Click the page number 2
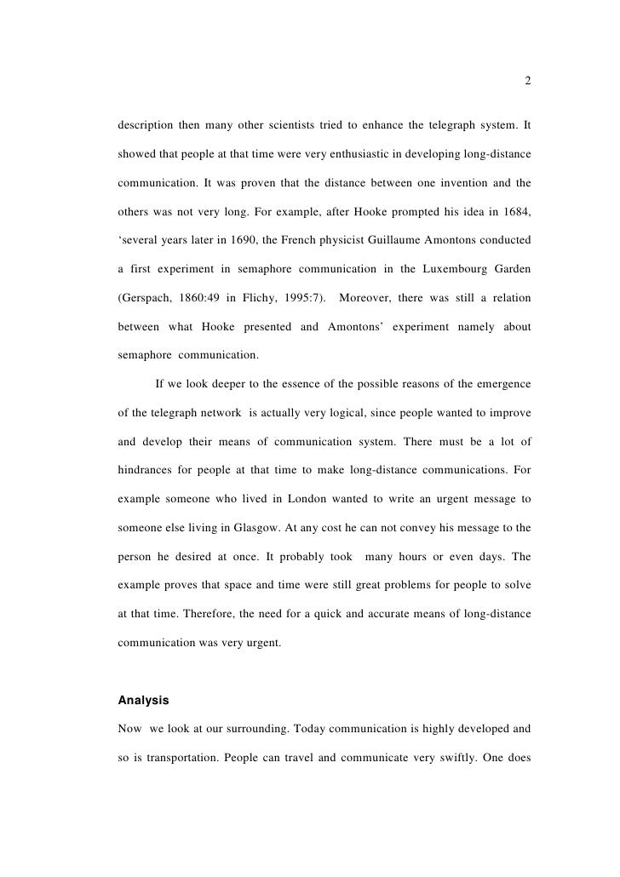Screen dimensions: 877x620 (528, 82)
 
